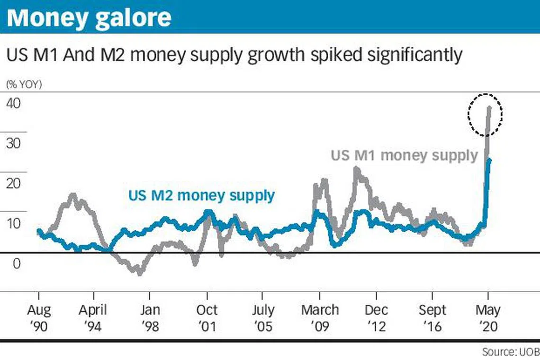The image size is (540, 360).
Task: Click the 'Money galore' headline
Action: coord(90,18)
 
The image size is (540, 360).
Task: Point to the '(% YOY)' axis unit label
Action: coord(24,85)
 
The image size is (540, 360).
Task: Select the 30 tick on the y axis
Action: coord(14,143)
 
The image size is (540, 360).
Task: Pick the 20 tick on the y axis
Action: coord(14,183)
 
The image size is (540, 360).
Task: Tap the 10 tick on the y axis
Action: coord(14,223)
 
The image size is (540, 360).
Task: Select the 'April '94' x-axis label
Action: coord(93,318)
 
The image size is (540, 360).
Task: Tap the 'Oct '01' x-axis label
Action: coord(207,318)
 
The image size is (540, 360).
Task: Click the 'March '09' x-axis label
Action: coord(320,318)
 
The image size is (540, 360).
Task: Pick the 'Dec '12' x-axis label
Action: coord(376,318)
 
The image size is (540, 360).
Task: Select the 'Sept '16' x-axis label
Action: coord(432,318)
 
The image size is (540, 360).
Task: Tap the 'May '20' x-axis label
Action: coord(487,318)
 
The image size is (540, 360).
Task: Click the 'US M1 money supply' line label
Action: coord(404,155)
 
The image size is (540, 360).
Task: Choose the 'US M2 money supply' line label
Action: coord(201,195)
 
